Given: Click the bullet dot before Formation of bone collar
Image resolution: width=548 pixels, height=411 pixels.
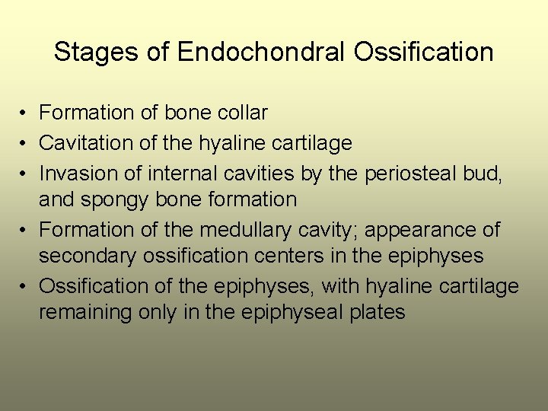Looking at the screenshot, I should click(x=25, y=113).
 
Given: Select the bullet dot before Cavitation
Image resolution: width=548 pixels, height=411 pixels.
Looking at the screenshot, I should click(x=25, y=142).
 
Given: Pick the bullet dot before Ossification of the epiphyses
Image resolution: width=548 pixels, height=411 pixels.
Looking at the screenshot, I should click(x=25, y=286).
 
